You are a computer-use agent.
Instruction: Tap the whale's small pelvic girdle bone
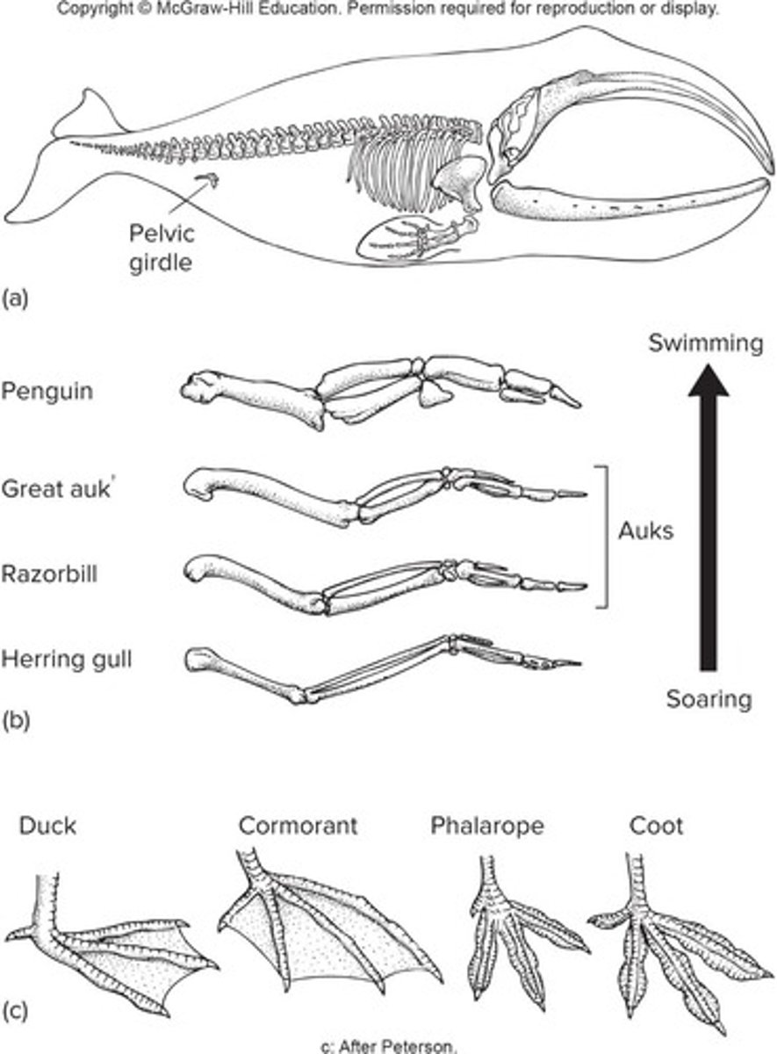coord(208,181)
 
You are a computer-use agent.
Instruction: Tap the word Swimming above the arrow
coord(706,343)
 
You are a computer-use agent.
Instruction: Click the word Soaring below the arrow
coord(709,700)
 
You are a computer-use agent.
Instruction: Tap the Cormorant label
coord(298,827)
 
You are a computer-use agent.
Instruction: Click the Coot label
coord(656,827)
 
